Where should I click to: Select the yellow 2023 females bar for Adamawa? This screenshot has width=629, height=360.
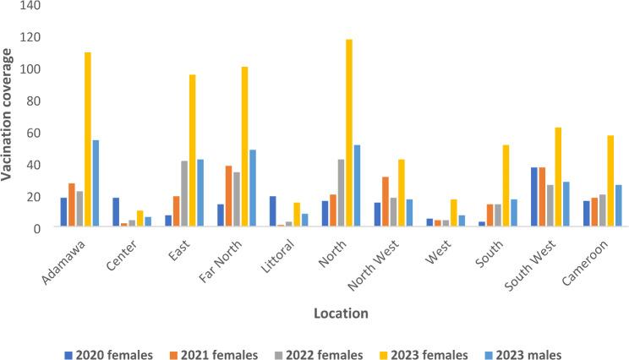(x=88, y=139)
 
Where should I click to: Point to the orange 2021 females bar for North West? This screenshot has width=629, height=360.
(x=386, y=201)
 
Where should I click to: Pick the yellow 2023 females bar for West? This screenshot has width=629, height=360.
(x=454, y=213)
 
